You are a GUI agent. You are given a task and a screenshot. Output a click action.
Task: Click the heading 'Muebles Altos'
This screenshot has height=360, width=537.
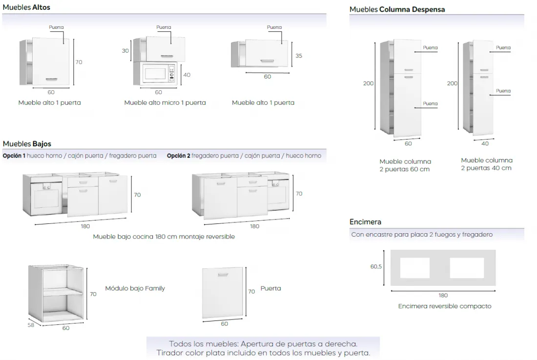click(x=26, y=7)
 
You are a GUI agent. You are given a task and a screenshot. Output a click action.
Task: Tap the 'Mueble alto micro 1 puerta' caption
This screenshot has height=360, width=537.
click(x=165, y=103)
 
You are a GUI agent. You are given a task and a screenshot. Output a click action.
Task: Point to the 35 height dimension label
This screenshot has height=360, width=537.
click(x=299, y=56)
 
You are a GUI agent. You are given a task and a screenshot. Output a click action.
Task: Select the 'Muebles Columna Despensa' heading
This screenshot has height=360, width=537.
click(x=397, y=9)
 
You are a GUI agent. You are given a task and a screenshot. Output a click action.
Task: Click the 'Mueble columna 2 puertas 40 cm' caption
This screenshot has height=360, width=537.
click(x=486, y=164)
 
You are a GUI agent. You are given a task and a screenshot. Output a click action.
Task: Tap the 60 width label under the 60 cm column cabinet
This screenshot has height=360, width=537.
click(x=408, y=143)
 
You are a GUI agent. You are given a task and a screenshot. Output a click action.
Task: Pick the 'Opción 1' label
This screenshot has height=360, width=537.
click(x=14, y=156)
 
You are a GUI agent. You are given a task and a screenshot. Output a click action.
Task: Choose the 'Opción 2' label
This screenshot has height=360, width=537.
click(x=178, y=156)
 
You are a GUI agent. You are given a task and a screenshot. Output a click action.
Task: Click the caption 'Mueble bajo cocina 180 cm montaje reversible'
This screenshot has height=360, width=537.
click(x=164, y=237)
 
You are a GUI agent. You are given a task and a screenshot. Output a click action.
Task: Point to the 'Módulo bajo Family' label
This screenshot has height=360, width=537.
click(x=135, y=288)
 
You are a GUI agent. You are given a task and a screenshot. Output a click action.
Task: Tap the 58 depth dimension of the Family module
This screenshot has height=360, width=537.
click(x=31, y=325)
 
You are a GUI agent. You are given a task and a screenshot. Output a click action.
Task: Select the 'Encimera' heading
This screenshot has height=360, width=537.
click(x=365, y=222)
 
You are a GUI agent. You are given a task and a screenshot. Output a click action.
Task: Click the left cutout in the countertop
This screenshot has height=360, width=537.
click(x=414, y=268)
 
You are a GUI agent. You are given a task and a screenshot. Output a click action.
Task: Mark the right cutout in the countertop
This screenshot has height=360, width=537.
click(x=467, y=268)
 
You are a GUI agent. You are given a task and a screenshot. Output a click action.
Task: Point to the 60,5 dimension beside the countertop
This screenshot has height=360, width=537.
click(x=376, y=267)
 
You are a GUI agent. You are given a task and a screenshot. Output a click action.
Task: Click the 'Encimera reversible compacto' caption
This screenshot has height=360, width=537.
click(x=444, y=306)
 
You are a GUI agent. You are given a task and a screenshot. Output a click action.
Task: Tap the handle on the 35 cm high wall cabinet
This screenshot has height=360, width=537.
click(x=267, y=60)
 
